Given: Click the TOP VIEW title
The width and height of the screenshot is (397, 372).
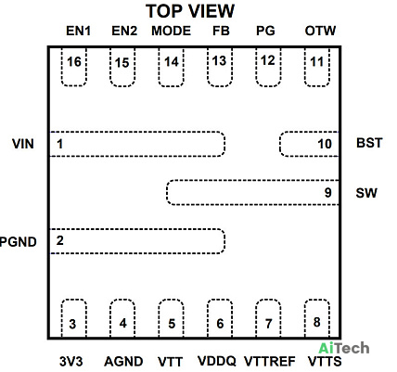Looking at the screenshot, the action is pos(190,11).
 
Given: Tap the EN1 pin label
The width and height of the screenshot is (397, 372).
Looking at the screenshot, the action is pos(78,31).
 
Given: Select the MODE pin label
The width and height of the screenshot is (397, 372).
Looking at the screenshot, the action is pos(171,31).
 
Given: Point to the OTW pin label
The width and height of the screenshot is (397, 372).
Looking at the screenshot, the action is pos(320,31).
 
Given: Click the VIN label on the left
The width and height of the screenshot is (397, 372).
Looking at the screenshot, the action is pos(23,144).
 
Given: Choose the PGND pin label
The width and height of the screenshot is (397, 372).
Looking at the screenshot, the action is pos(19,241).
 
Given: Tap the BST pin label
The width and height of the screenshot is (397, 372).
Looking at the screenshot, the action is pos(369,143).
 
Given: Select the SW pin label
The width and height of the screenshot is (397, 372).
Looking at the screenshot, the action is pos(366,193).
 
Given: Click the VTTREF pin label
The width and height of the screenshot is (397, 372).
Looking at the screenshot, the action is pos(270,361).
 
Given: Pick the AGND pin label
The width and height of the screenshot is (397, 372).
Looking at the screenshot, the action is pos(123,361).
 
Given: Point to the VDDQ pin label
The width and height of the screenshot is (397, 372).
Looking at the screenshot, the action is pos(216,361).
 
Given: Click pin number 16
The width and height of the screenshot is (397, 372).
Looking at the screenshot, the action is pos(74,62).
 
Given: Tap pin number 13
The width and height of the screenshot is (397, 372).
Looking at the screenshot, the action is pos(219,61).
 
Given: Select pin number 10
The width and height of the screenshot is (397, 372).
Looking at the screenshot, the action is pos(325,144).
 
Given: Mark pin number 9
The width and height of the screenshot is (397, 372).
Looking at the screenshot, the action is pos(328,193).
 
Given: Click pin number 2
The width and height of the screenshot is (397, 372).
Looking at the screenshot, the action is pos(60,240).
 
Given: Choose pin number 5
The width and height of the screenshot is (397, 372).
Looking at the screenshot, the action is pos(172,324).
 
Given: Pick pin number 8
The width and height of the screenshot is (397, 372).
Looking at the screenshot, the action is pos(316,322).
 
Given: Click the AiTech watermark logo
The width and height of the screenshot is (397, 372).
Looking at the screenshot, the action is pos(344,348).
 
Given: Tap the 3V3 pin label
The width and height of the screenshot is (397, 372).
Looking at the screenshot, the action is pos(71,361).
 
